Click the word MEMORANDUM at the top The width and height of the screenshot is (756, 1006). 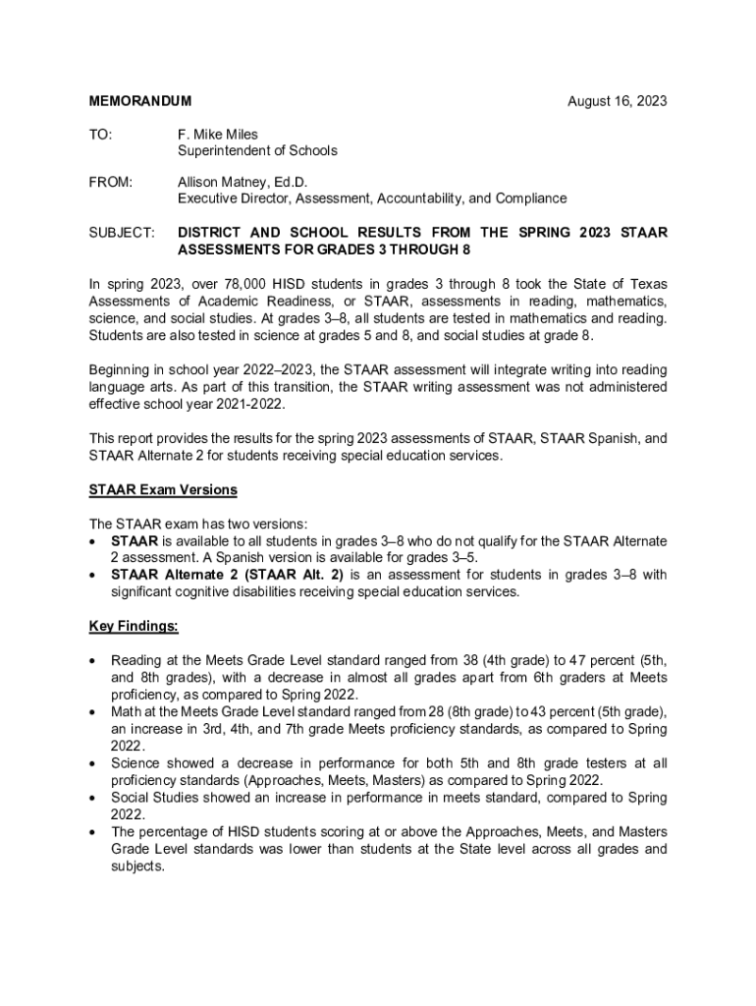pos(140,101)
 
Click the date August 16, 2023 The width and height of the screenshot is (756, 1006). pos(618,101)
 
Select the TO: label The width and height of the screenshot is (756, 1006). pos(101,134)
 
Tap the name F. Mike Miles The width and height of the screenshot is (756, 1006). pos(217,134)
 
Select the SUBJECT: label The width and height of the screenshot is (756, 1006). pos(122,233)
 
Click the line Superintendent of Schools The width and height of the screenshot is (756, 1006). pos(256,150)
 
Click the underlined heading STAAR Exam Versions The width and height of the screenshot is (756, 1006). pos(163,489)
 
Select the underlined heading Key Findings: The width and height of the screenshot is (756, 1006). pos(134,626)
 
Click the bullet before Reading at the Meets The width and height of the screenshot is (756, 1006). pos(92,661)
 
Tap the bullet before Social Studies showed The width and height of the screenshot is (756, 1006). pos(92,798)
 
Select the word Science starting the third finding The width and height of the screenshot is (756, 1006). pos(135,763)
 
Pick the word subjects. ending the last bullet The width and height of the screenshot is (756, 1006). pos(137,867)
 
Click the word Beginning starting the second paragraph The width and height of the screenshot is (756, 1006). pos(121,369)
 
